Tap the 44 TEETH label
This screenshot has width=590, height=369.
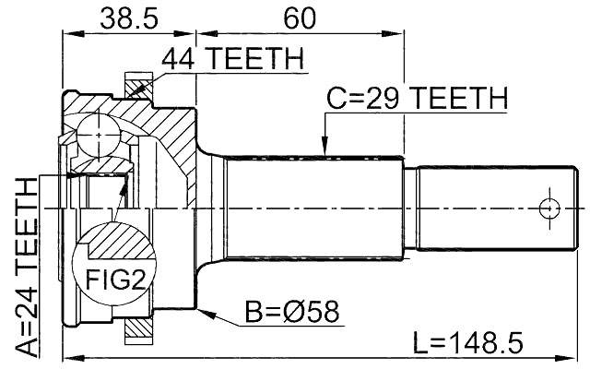coord(232,59)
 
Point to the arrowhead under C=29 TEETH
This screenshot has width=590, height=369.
coord(324,147)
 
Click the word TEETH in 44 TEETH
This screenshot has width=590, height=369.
coord(257,59)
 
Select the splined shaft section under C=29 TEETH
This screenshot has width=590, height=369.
coord(313,208)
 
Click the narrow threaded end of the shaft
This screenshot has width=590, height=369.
coord(489,208)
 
